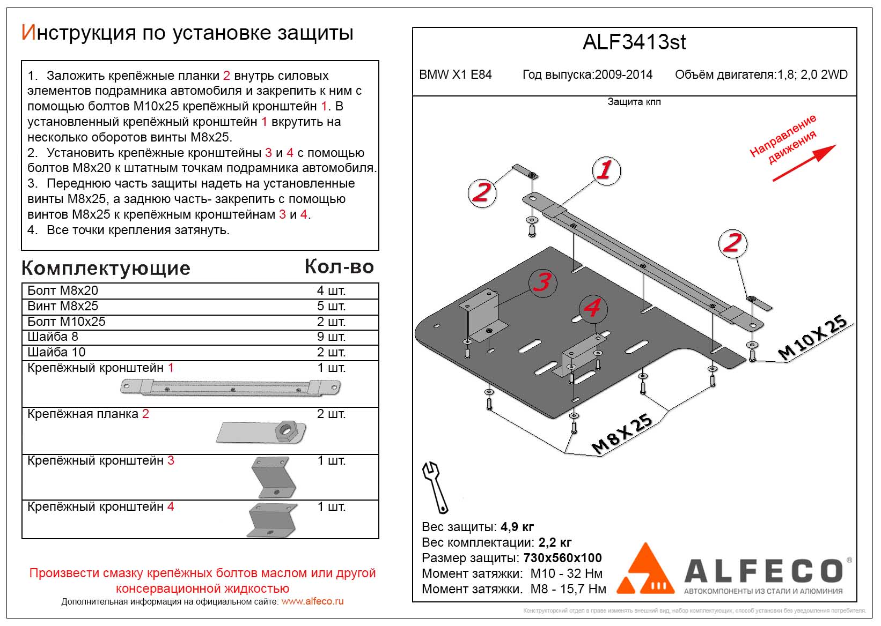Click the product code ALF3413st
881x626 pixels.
click(634, 42)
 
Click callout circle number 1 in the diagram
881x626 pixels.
click(606, 171)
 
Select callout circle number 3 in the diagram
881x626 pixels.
click(542, 281)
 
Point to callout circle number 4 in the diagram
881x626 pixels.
click(592, 308)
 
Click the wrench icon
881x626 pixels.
click(436, 486)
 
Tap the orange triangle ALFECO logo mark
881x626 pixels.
click(645, 570)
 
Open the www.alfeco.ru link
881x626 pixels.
click(312, 601)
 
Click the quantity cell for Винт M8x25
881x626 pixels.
click(331, 306)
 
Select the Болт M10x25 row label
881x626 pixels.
click(67, 322)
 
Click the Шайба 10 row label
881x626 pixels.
click(56, 352)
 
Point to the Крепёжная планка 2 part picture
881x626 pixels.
click(262, 431)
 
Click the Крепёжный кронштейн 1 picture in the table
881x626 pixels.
click(231, 387)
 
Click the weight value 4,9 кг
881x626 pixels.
click(517, 527)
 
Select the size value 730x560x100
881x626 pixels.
click(562, 558)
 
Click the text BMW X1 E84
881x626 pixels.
click(455, 75)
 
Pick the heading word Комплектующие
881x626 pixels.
click(106, 268)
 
